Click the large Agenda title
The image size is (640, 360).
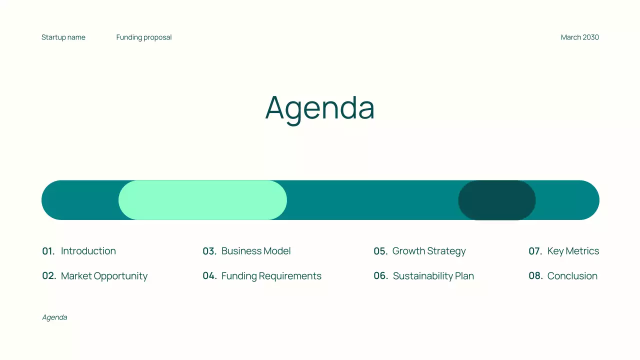[x=320, y=107]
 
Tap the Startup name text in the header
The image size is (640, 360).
[x=63, y=37]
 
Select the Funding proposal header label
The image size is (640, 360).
[x=144, y=37]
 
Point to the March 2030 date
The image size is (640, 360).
[x=579, y=37]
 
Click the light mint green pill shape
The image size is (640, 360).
[x=202, y=200]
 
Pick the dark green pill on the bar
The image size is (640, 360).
[x=497, y=200]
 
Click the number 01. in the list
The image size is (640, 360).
[x=48, y=251]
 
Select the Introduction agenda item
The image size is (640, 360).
[x=88, y=251]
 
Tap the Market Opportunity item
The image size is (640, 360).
[x=104, y=276]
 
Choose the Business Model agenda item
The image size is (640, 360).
[x=256, y=251]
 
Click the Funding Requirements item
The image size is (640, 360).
[x=271, y=276]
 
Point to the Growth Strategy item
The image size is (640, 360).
[x=429, y=251]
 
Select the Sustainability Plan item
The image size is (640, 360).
[x=433, y=276]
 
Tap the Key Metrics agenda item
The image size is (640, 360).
[x=573, y=251]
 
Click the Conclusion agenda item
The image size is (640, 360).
[x=572, y=276]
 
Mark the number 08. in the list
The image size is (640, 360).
[x=535, y=276]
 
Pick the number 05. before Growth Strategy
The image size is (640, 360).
[x=380, y=251]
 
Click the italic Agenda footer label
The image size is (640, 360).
[x=54, y=317]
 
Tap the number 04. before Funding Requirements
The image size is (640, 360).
[x=209, y=276]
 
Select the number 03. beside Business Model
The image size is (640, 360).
[x=209, y=251]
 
